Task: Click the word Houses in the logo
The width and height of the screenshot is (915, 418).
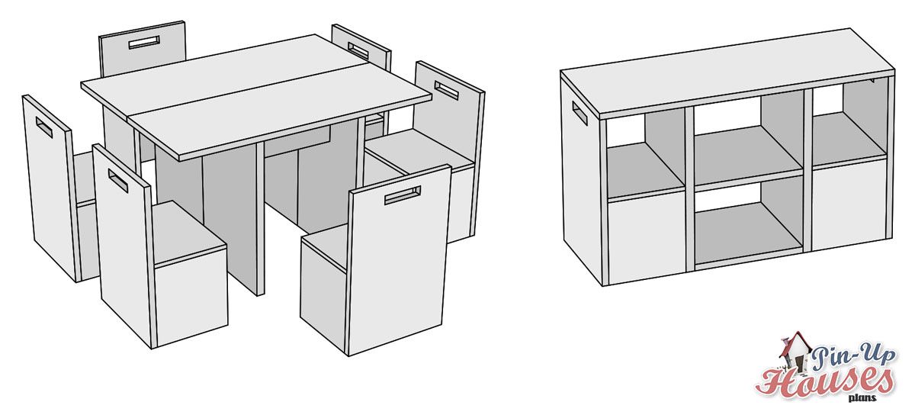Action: [824, 381]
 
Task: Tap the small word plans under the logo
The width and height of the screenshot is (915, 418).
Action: [862, 398]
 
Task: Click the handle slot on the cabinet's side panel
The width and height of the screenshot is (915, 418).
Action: [579, 113]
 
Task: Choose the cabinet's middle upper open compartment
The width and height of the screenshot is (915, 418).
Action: [748, 141]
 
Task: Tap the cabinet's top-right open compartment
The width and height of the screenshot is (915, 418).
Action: [849, 124]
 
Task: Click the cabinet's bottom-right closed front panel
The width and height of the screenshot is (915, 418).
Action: [849, 204]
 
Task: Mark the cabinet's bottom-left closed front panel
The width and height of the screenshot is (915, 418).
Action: [647, 237]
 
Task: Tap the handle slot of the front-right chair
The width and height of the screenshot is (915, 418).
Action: [403, 195]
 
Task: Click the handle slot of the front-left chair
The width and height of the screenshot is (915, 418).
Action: [118, 182]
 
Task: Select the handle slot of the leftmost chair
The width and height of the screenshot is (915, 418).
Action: [44, 127]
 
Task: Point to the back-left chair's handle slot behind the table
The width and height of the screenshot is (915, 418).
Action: [144, 43]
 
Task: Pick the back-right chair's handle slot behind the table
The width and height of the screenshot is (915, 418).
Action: [358, 50]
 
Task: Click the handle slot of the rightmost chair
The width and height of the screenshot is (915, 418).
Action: [447, 90]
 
